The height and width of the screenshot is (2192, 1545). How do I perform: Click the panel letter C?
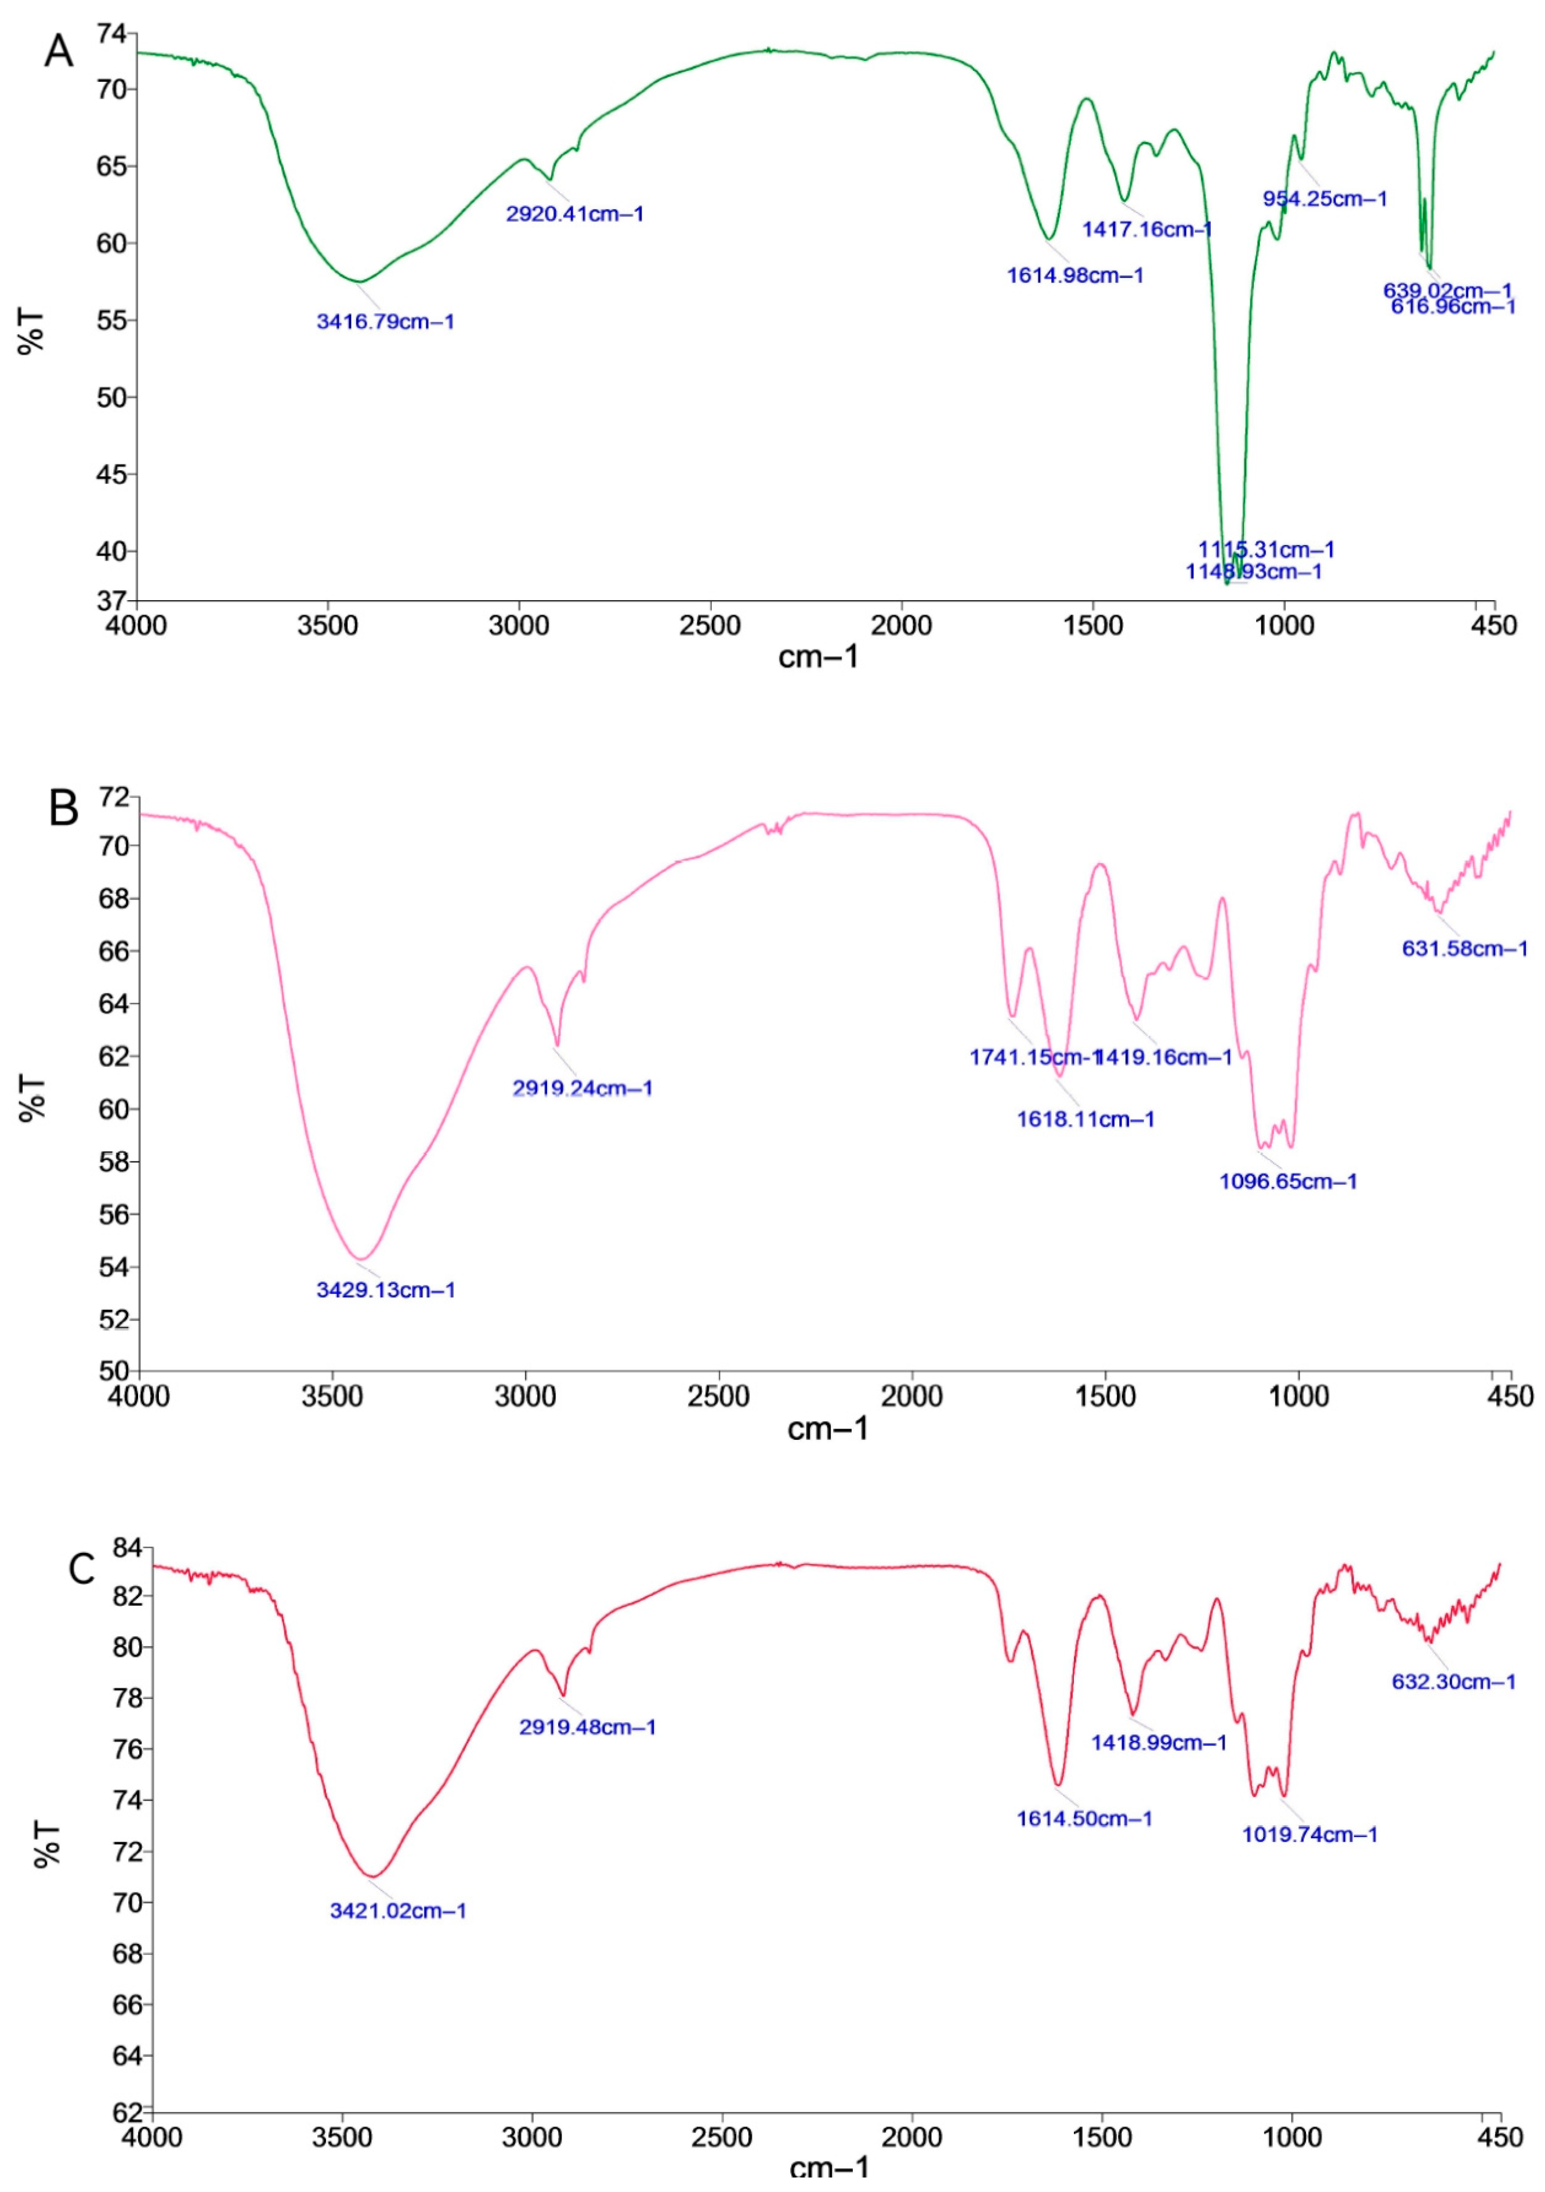pyautogui.click(x=82, y=1569)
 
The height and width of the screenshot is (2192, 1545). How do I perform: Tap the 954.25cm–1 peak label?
pyautogui.click(x=1325, y=199)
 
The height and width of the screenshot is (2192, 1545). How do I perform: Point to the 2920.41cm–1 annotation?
pyautogui.click(x=575, y=214)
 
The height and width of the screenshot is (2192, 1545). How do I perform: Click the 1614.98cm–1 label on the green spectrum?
pyautogui.click(x=1074, y=276)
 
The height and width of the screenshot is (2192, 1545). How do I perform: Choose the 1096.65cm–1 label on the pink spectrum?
pyautogui.click(x=1287, y=1181)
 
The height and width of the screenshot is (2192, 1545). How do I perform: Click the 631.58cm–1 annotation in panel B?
pyautogui.click(x=1464, y=949)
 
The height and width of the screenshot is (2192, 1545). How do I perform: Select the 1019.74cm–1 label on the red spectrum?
pyautogui.click(x=1308, y=1834)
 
